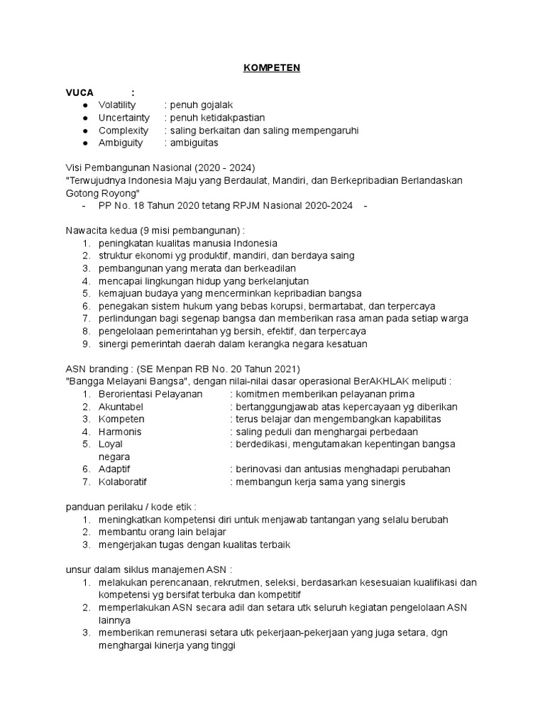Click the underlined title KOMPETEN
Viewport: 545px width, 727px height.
tap(272, 67)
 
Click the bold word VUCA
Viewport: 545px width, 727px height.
tap(79, 92)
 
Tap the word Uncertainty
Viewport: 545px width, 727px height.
tap(124, 118)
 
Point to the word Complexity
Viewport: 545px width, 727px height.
tap(123, 131)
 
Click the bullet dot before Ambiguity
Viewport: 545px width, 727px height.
tap(85, 143)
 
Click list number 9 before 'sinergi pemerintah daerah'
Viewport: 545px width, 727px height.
tap(85, 344)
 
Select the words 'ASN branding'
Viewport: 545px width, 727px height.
tap(92, 369)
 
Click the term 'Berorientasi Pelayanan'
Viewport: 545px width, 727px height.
tap(150, 394)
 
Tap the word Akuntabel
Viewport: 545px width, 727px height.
tap(121, 407)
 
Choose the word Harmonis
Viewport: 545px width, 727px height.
tap(120, 432)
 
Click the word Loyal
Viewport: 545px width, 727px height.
tap(111, 444)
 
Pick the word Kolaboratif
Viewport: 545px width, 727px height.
tap(123, 482)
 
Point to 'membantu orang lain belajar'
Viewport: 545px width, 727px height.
tap(163, 532)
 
